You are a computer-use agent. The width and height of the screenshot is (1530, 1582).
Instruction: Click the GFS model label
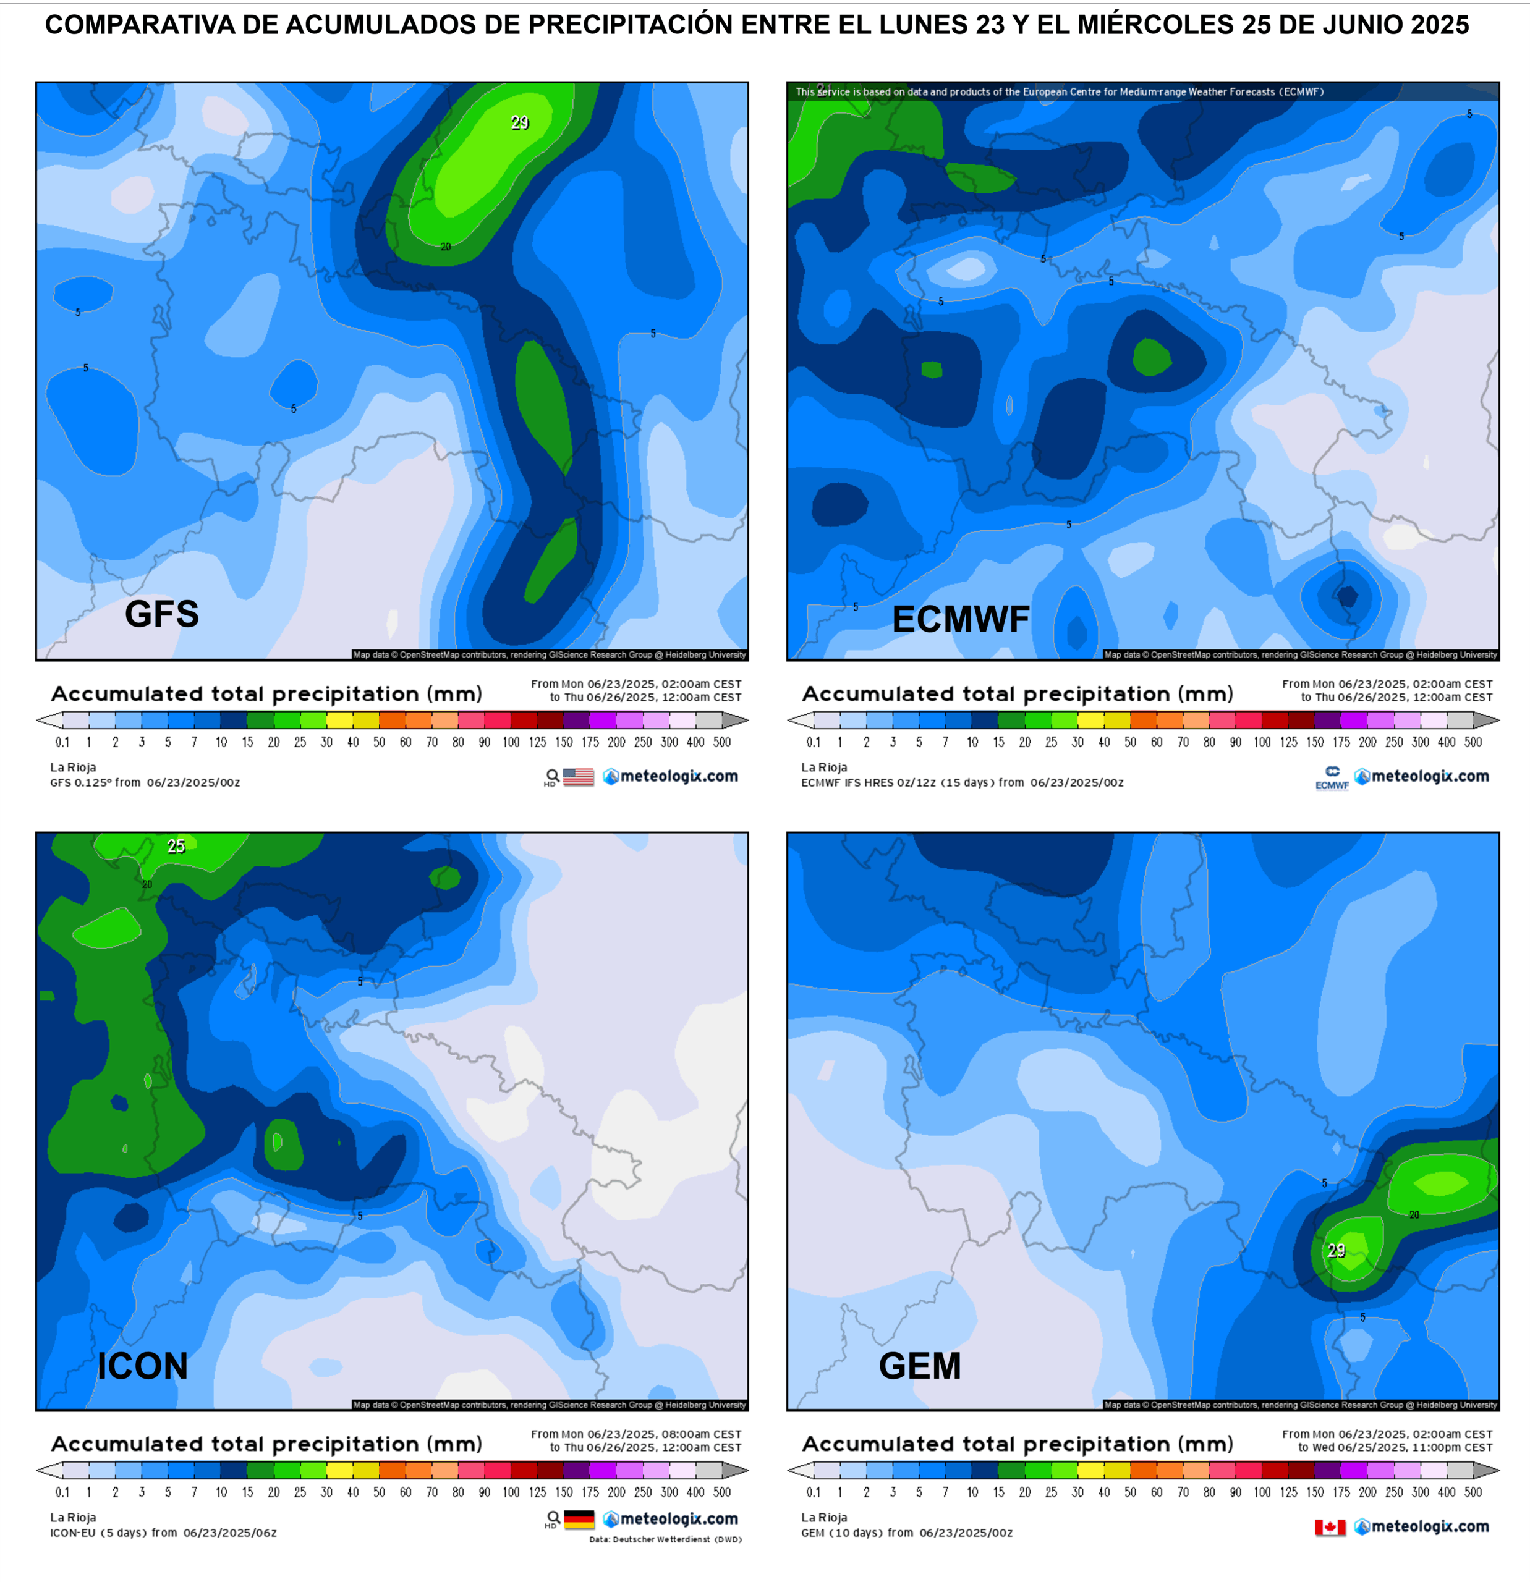[x=161, y=614]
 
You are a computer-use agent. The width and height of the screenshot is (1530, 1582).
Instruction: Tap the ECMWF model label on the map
[x=960, y=620]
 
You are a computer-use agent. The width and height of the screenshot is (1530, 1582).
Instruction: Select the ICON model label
[x=142, y=1366]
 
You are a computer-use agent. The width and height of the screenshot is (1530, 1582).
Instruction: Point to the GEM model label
[x=920, y=1366]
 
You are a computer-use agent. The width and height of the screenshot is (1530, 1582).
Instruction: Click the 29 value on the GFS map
[x=520, y=123]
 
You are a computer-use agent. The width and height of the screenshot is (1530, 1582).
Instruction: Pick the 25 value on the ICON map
[x=176, y=847]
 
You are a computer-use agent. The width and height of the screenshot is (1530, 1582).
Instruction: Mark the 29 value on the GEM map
[x=1337, y=1251]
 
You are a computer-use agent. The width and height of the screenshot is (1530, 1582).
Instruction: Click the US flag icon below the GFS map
[x=578, y=776]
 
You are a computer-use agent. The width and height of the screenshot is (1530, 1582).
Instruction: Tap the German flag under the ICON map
[x=579, y=1519]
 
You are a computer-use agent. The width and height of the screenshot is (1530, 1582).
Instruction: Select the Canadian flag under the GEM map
[x=1330, y=1527]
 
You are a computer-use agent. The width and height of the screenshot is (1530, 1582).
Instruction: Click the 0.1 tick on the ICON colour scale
[x=62, y=1492]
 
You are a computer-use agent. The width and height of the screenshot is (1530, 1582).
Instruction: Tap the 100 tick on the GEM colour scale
[x=1262, y=1492]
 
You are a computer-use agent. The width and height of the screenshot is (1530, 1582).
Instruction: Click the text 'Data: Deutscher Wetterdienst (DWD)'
[x=665, y=1539]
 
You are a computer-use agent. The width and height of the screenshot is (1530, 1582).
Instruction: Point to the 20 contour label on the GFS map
[x=446, y=247]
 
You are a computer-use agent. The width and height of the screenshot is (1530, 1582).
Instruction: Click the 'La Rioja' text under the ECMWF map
[x=824, y=768]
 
